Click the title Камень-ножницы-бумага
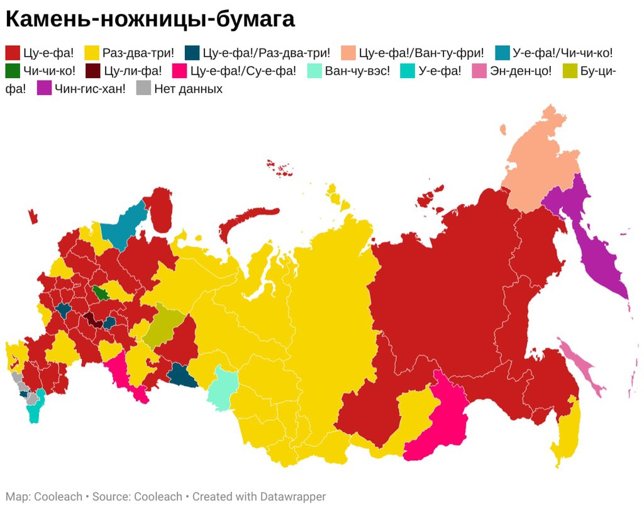(x=150, y=20)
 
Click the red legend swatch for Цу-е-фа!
(x=13, y=53)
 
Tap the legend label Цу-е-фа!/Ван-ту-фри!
(x=421, y=53)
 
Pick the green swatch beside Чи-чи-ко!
(x=13, y=71)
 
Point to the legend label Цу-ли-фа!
(x=133, y=71)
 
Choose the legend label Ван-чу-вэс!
(x=357, y=71)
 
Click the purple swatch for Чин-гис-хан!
(x=45, y=88)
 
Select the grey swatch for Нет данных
(x=144, y=88)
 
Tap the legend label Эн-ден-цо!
(x=521, y=71)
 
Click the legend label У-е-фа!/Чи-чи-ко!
(x=562, y=53)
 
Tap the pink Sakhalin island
(x=582, y=365)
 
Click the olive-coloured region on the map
(x=165, y=324)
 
